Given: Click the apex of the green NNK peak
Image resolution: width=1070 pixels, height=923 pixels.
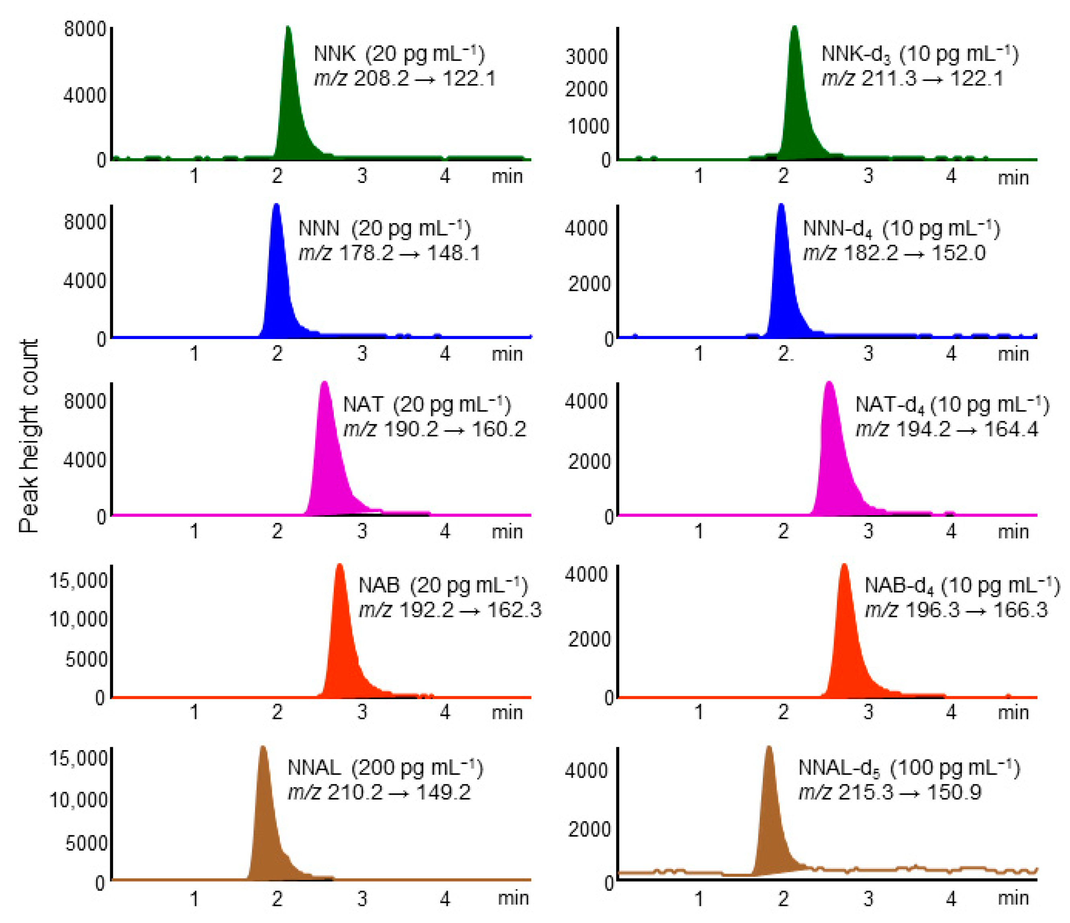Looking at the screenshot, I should tap(288, 28).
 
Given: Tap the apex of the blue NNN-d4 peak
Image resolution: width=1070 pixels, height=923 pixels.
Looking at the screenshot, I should tap(781, 206).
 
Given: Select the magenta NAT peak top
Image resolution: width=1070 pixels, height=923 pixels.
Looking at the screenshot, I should tap(324, 383).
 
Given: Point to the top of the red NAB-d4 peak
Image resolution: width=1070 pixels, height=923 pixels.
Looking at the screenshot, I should tap(844, 565).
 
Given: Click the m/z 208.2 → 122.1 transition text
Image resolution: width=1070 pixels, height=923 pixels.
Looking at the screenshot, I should tap(405, 78).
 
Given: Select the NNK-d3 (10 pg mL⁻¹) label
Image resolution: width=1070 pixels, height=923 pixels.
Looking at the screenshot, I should tap(920, 54).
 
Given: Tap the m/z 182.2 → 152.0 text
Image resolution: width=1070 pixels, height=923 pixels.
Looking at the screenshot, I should tap(894, 253).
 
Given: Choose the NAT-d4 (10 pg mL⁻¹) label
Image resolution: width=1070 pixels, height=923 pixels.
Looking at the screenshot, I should tap(952, 405).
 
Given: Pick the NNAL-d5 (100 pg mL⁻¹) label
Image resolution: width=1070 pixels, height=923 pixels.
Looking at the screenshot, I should tap(909, 768).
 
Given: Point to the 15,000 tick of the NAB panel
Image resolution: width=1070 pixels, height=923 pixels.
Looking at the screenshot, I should tap(78, 581).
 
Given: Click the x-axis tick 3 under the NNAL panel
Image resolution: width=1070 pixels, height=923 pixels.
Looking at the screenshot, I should tap(362, 899).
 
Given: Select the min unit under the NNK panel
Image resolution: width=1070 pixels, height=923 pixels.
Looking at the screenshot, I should tap(507, 177).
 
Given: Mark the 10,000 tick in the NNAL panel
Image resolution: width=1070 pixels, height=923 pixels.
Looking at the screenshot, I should tap(78, 800).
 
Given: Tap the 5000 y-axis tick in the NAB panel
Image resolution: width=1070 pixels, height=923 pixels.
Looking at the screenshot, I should tap(86, 659).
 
